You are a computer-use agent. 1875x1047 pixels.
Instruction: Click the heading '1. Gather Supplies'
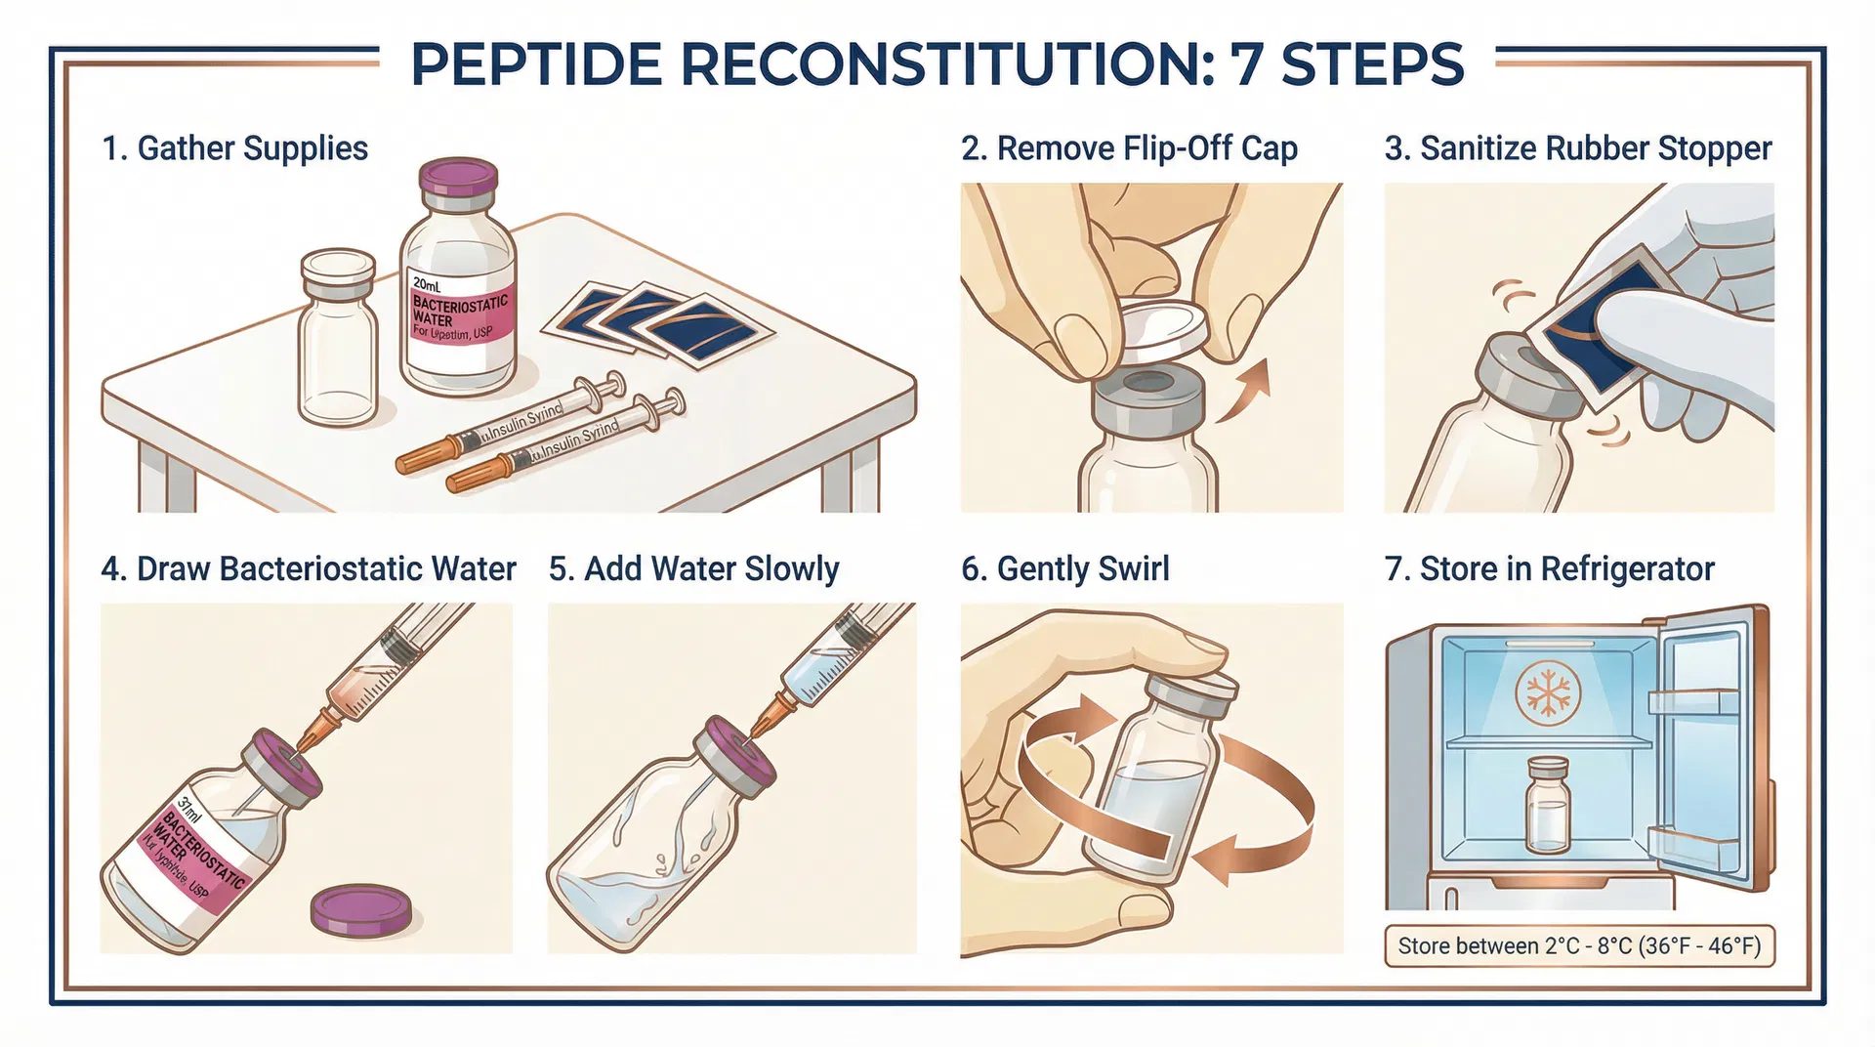click(234, 148)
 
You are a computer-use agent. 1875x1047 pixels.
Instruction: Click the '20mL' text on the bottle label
click(428, 284)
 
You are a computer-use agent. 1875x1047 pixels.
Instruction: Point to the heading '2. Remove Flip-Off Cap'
click(1129, 148)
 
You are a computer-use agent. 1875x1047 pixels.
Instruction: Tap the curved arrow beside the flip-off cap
click(1245, 391)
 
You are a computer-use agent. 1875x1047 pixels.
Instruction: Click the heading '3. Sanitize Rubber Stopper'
click(1577, 148)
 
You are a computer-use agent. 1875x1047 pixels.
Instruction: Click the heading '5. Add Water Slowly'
click(693, 568)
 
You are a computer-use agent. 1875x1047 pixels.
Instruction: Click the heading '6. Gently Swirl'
click(1064, 568)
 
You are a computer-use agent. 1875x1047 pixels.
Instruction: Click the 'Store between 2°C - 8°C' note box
click(1578, 946)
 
